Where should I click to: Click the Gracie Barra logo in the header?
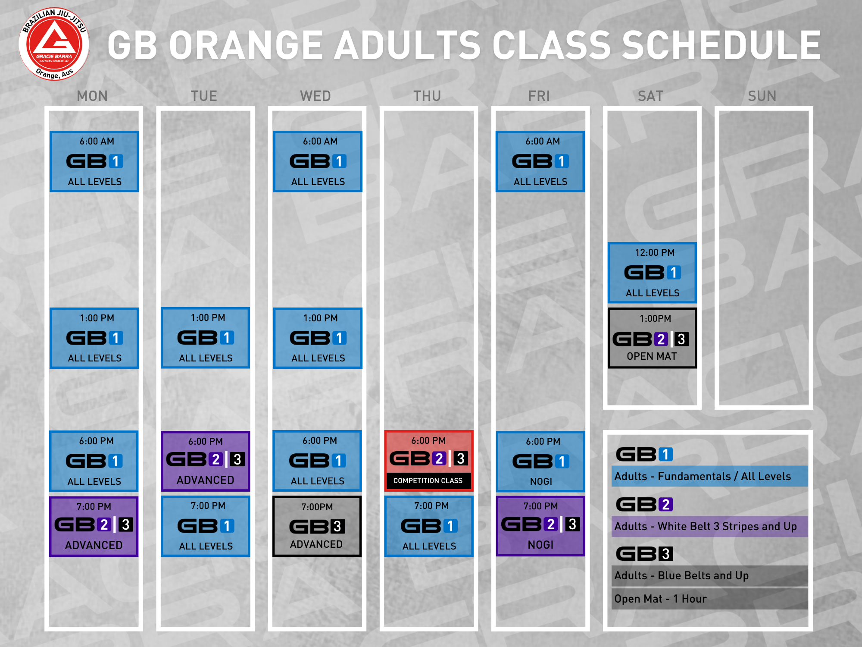(54, 44)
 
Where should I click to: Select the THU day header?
(427, 96)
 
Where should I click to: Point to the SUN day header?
(762, 96)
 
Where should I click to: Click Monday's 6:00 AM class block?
(94, 161)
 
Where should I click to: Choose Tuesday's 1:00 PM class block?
(205, 338)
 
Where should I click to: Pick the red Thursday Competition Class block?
(428, 461)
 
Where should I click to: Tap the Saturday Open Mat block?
(652, 338)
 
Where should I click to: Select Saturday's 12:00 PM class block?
(652, 273)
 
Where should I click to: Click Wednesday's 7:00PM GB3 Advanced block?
(317, 526)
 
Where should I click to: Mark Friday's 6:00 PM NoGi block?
(540, 462)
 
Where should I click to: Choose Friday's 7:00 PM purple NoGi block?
(540, 526)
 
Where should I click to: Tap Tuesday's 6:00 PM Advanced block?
(205, 461)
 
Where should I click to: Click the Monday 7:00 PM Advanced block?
(94, 526)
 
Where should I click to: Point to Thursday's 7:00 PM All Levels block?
(428, 526)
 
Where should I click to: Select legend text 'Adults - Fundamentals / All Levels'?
(703, 477)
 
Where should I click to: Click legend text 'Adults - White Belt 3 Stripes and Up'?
(706, 527)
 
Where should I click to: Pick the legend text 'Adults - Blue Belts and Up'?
(681, 576)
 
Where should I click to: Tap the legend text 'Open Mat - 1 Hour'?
(660, 599)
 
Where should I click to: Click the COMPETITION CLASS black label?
(428, 481)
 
